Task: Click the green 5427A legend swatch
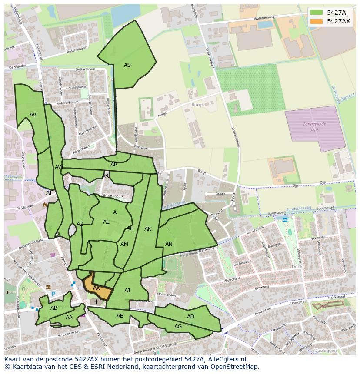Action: [x=316, y=13]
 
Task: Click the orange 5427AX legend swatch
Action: [x=316, y=21]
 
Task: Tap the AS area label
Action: [x=127, y=65]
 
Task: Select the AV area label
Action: [x=33, y=115]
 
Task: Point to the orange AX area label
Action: [x=97, y=288]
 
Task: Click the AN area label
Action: [x=169, y=244]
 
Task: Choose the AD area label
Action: [x=190, y=317]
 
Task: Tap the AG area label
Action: [x=178, y=327]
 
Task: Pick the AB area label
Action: [x=54, y=308]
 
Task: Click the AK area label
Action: [x=148, y=229]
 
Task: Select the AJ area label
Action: [x=127, y=291]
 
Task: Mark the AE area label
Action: [x=120, y=316]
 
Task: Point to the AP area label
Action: [x=113, y=165]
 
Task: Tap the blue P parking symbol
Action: [x=53, y=294]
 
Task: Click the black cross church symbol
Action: [x=96, y=302]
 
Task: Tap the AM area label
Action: [x=124, y=244]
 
